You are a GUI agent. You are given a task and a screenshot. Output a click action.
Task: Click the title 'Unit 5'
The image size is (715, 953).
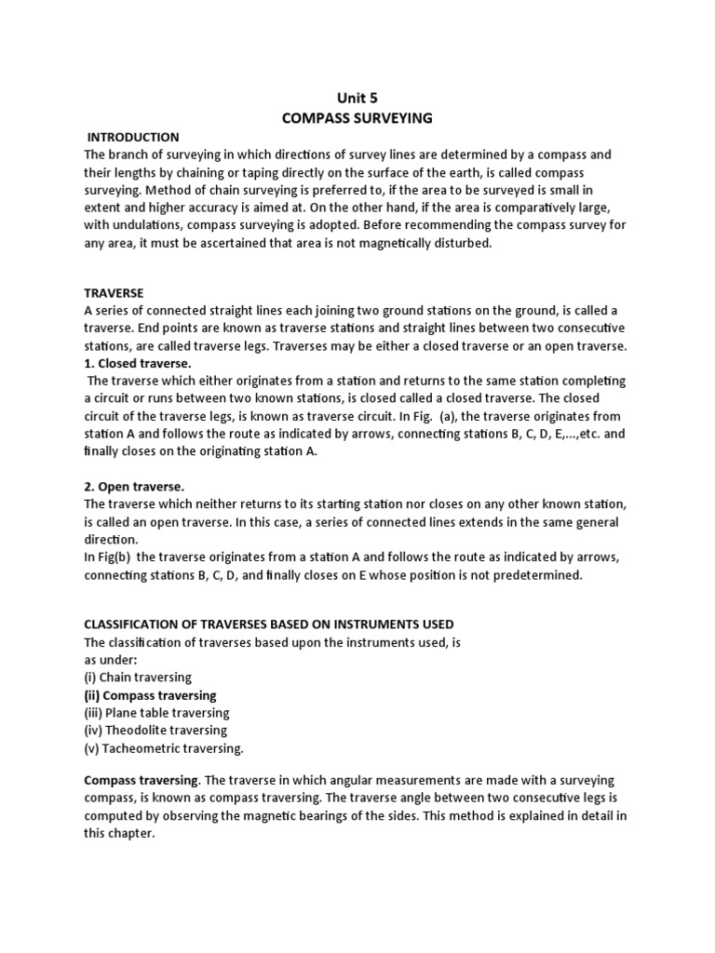pyautogui.click(x=357, y=97)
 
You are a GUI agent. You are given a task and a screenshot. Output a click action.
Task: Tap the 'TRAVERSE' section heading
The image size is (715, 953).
pyautogui.click(x=115, y=292)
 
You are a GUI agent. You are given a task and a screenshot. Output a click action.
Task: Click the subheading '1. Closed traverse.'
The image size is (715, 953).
pyautogui.click(x=138, y=363)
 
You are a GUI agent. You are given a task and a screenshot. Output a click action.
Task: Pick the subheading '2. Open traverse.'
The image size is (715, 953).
pyautogui.click(x=134, y=487)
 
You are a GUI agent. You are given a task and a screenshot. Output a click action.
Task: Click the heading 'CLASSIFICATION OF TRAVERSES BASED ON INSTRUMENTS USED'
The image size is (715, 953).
pyautogui.click(x=269, y=624)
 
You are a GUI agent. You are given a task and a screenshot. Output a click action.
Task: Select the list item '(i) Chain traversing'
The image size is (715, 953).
pyautogui.click(x=136, y=678)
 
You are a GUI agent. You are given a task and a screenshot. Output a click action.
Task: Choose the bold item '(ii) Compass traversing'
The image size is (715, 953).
pyautogui.click(x=150, y=695)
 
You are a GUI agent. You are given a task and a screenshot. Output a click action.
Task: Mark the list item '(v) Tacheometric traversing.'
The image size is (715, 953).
pyautogui.click(x=163, y=748)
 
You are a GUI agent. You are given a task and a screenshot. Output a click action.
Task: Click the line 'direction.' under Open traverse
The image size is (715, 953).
pyautogui.click(x=111, y=540)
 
